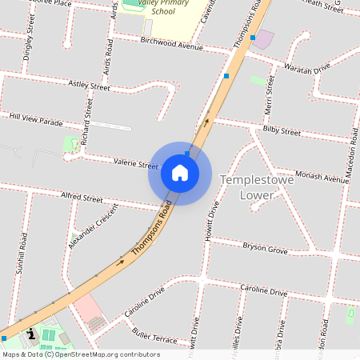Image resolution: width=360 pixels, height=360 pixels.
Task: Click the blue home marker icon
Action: coord(180,173)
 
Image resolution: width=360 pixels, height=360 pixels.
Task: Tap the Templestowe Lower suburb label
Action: coord(256,193)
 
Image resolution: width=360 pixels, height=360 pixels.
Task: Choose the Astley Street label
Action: coord(89,85)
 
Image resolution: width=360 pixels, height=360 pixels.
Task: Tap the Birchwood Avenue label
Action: coord(171,42)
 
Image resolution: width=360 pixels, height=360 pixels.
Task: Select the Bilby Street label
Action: coord(282,130)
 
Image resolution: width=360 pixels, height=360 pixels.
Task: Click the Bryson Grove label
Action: coord(265,249)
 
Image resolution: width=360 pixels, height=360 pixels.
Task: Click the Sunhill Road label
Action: coord(22,254)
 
